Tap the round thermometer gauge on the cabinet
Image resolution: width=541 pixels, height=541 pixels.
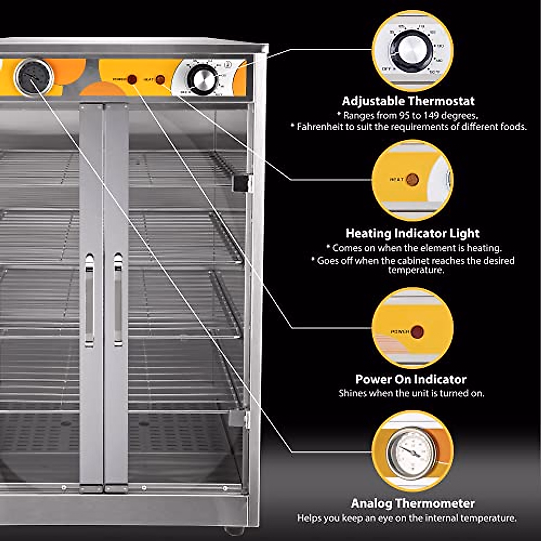tap(34, 77)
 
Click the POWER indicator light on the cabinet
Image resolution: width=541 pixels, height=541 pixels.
tap(132, 79)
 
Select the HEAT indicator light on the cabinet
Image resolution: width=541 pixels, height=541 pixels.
tap(160, 80)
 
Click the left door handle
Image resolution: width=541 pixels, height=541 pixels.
tap(90, 300)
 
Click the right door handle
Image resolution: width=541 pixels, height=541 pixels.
tap(118, 300)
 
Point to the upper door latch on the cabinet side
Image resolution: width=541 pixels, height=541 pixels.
tap(241, 183)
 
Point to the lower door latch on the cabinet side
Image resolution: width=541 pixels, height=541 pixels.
tap(239, 419)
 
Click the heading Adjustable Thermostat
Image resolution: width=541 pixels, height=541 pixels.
tap(408, 101)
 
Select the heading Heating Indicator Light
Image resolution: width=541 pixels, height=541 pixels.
tap(413, 234)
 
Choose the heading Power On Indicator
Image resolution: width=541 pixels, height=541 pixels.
tap(411, 379)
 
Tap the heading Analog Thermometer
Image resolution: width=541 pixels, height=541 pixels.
tap(413, 503)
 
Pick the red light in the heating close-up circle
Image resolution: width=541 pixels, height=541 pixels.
tap(412, 180)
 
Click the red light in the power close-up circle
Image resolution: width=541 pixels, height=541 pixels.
tap(417, 332)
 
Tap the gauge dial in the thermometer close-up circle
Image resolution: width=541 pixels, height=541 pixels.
tap(411, 452)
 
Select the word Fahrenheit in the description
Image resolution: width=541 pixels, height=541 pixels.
tap(321, 127)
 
